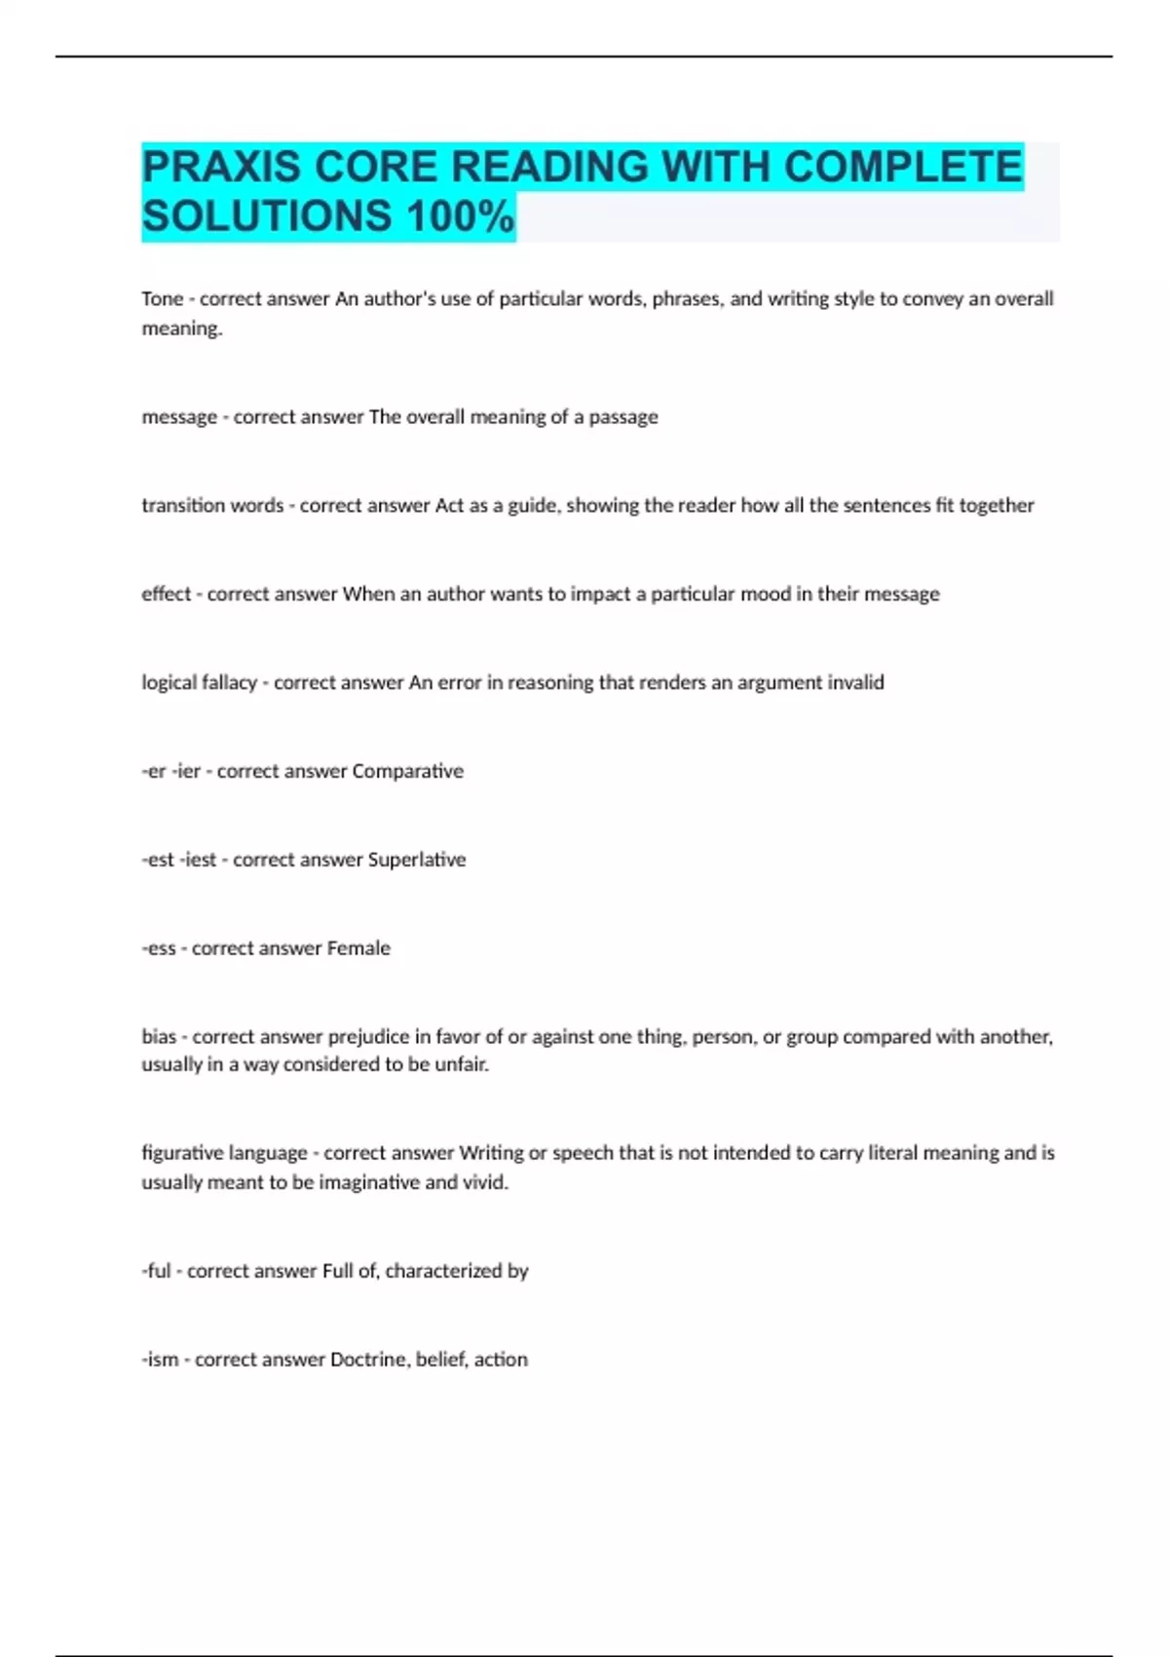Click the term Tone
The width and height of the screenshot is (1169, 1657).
[162, 299]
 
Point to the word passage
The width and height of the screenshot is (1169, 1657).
[622, 417]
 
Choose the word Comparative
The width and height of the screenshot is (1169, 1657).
[407, 771]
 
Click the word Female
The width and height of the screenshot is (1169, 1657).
[358, 948]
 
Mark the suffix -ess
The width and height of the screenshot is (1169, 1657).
[159, 948]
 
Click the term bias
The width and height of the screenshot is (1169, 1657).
[159, 1037]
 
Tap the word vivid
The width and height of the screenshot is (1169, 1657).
[485, 1182]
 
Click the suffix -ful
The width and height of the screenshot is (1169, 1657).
[156, 1271]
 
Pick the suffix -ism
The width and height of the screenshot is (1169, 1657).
[160, 1360]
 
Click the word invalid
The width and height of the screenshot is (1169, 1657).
[855, 682]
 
